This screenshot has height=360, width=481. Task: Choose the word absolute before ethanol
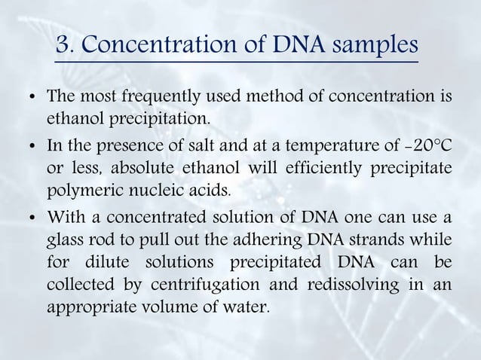pyautogui.click(x=142, y=165)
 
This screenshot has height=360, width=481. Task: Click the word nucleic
pyautogui.click(x=152, y=186)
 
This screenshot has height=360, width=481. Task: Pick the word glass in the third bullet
pyautogui.click(x=63, y=239)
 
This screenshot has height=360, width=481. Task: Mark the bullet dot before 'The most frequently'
pyautogui.click(x=30, y=100)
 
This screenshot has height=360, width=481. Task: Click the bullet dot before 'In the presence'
pyautogui.click(x=30, y=145)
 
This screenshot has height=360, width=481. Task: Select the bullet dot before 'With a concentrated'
pyautogui.click(x=30, y=219)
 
